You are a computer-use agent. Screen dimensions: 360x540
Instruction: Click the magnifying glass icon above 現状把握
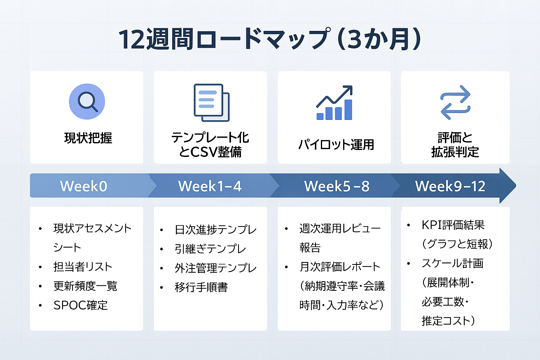pos(86,101)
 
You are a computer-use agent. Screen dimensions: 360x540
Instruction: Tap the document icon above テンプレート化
pos(211,103)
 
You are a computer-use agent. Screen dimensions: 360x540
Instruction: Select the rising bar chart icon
pos(334,103)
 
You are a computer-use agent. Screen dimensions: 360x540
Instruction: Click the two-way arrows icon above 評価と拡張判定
pos(455,103)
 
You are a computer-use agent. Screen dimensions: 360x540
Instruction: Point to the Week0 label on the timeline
pos(84,186)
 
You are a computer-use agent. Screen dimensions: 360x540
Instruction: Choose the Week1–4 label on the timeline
pos(210,186)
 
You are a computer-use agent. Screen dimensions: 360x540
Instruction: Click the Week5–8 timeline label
pos(337,186)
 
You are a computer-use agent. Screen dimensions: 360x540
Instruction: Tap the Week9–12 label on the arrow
pos(450,186)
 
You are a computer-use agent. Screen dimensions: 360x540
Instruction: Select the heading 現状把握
pos(88,138)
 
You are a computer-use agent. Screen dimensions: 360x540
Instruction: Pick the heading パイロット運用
pos(336,145)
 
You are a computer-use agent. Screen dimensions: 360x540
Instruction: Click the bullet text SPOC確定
pos(80,305)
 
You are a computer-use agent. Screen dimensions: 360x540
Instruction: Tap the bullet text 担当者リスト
pos(82,267)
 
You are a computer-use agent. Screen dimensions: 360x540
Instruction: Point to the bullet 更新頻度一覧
pos(85,286)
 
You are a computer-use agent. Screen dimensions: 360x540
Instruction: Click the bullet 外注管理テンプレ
pos(215,268)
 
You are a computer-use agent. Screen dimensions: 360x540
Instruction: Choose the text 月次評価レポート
pos(340,267)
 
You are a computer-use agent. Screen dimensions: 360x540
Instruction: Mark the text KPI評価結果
pos(453,225)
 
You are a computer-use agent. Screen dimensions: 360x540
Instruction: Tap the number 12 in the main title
pos(129,40)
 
